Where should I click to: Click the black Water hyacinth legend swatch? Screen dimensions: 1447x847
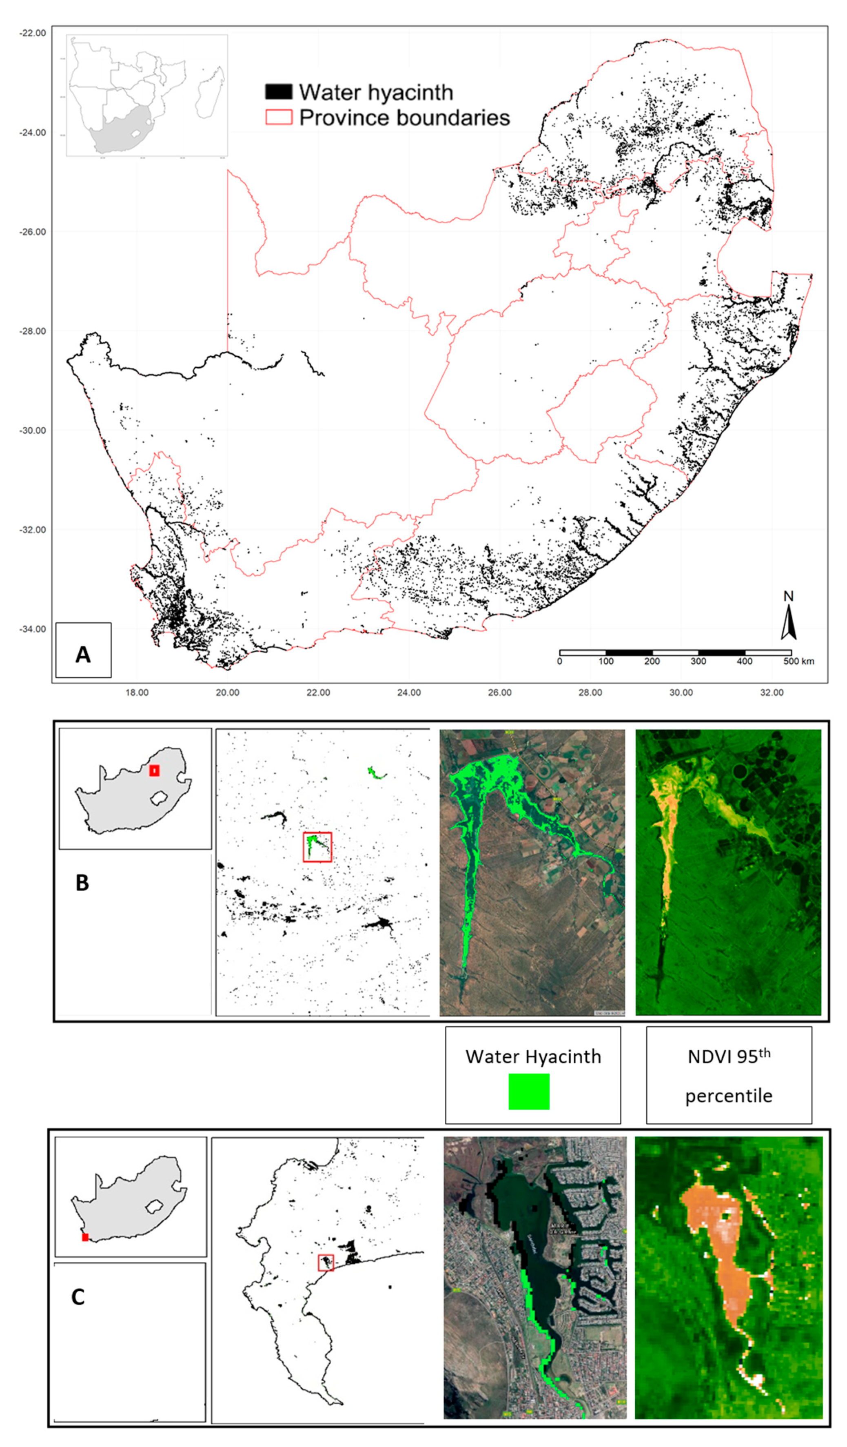pyautogui.click(x=279, y=92)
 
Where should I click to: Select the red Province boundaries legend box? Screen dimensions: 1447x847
pyautogui.click(x=279, y=117)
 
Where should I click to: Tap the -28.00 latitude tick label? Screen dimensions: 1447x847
pyautogui.click(x=33, y=331)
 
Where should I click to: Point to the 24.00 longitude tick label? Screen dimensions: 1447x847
pyautogui.click(x=409, y=693)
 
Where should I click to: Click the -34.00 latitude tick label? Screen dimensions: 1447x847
pyautogui.click(x=33, y=629)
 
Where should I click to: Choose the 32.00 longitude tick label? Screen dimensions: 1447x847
pyautogui.click(x=771, y=693)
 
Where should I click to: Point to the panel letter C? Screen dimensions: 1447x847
pyautogui.click(x=78, y=1296)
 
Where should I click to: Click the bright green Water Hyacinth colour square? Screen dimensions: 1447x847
pyautogui.click(x=529, y=1092)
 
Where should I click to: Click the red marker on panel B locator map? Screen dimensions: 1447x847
pyautogui.click(x=154, y=770)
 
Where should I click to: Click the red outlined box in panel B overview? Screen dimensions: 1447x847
pyautogui.click(x=317, y=847)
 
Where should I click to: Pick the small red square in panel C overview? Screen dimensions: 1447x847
pyautogui.click(x=326, y=1263)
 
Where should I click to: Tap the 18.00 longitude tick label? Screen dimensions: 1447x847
pyautogui.click(x=137, y=693)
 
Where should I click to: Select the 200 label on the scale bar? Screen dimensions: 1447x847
pyautogui.click(x=652, y=661)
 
